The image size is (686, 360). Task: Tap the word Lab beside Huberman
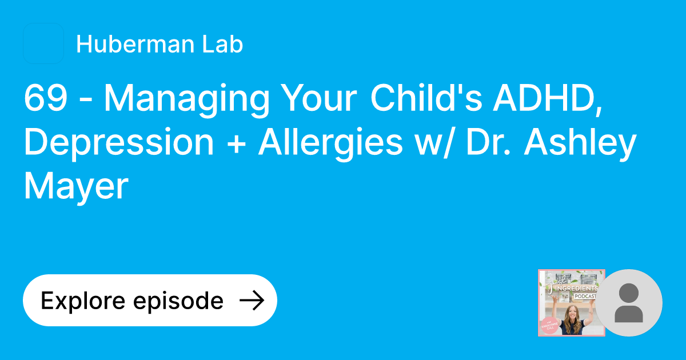[225, 45]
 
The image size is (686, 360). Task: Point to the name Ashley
[589, 143]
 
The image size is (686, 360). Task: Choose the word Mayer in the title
[76, 187]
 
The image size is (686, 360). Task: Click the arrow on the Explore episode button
[251, 301]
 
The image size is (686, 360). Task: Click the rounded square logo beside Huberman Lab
[43, 43]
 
